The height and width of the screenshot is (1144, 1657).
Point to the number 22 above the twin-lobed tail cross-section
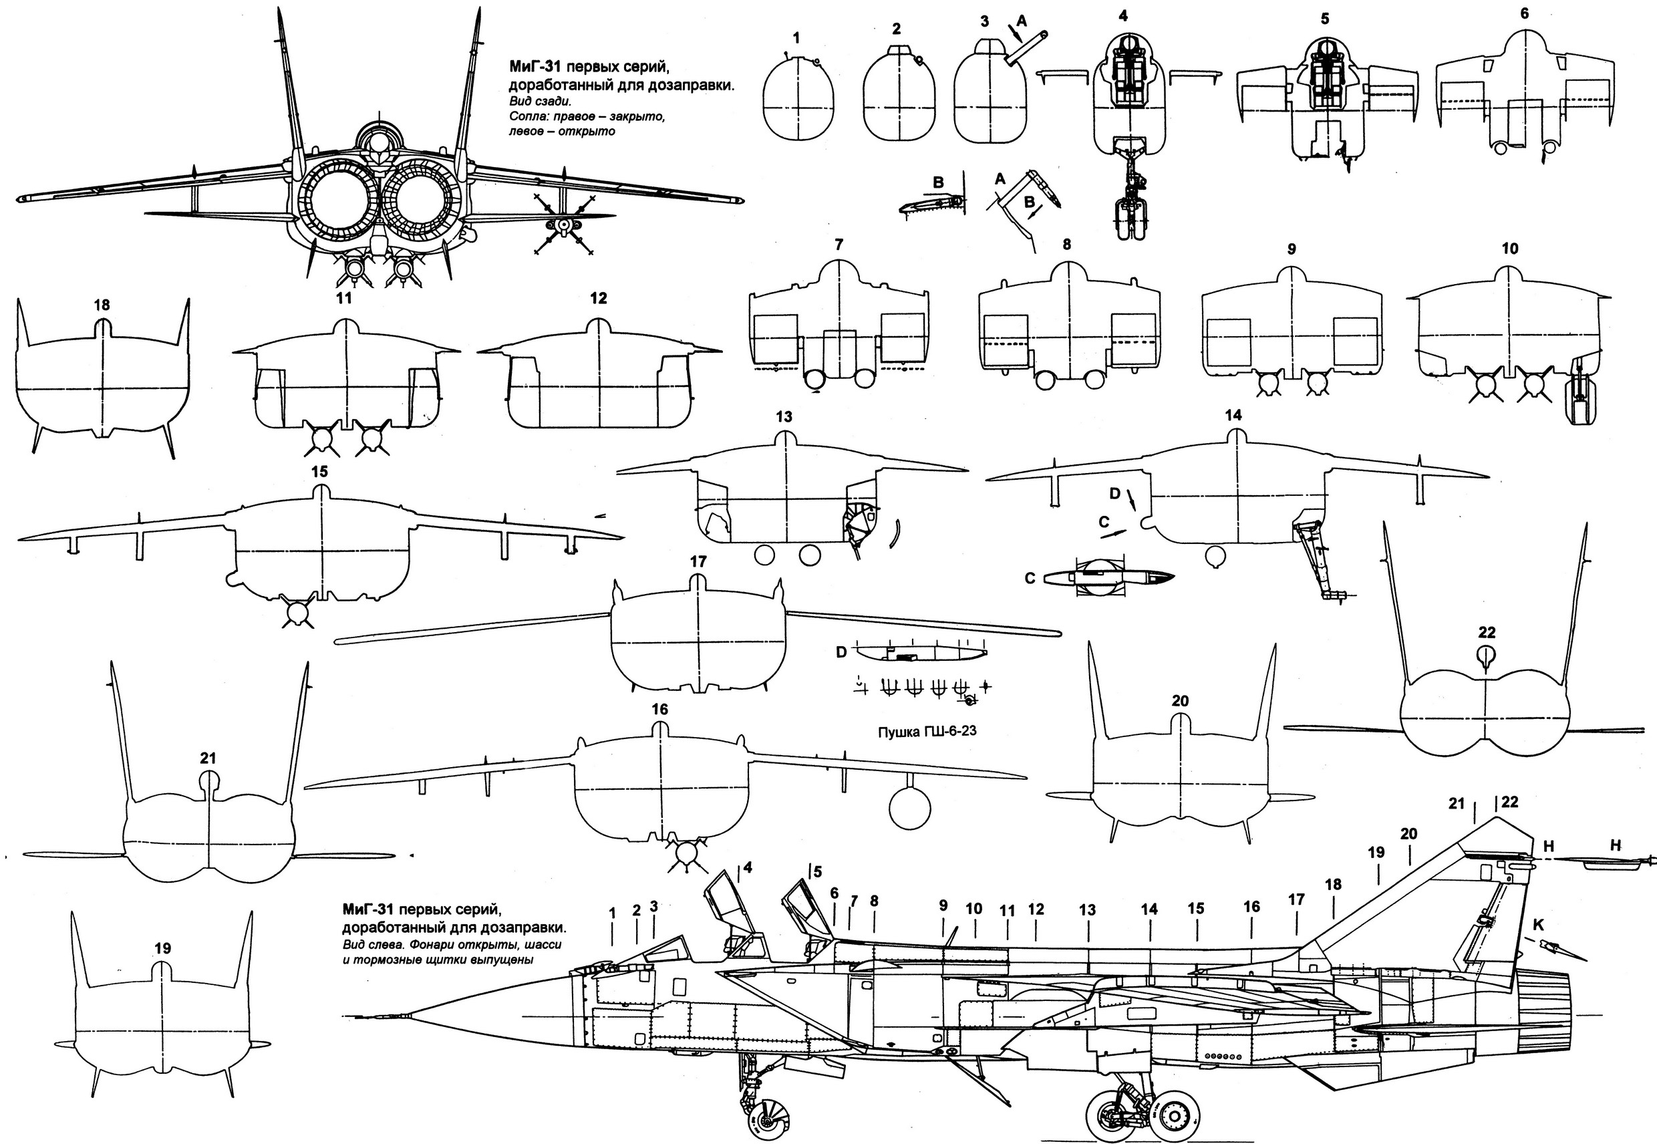pos(1487,632)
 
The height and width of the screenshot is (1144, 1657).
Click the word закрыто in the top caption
pos(640,117)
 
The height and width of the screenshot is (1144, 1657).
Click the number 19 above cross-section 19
pos(162,948)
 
